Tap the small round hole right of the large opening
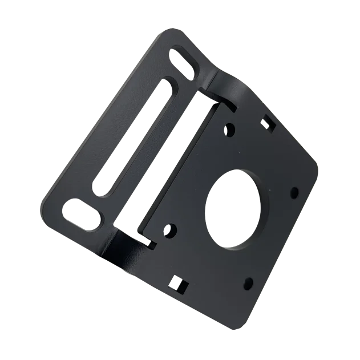click(294, 191)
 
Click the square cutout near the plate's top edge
click(270, 123)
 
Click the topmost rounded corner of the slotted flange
click(166, 33)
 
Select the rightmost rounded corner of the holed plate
click(315, 165)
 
